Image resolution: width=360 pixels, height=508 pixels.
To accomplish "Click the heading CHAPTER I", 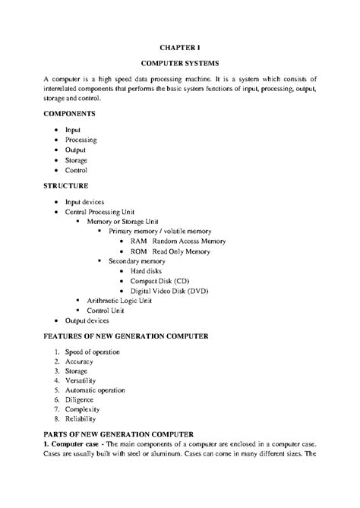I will pos(180,46).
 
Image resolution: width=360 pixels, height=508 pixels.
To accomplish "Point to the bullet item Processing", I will pos(81,140).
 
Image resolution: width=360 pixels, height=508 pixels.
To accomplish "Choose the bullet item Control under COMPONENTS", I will pos(77,170).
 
